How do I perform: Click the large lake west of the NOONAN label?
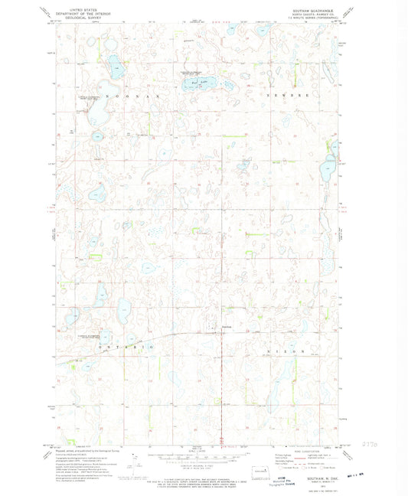click(98, 113)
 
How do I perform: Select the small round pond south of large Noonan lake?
click(97, 135)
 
